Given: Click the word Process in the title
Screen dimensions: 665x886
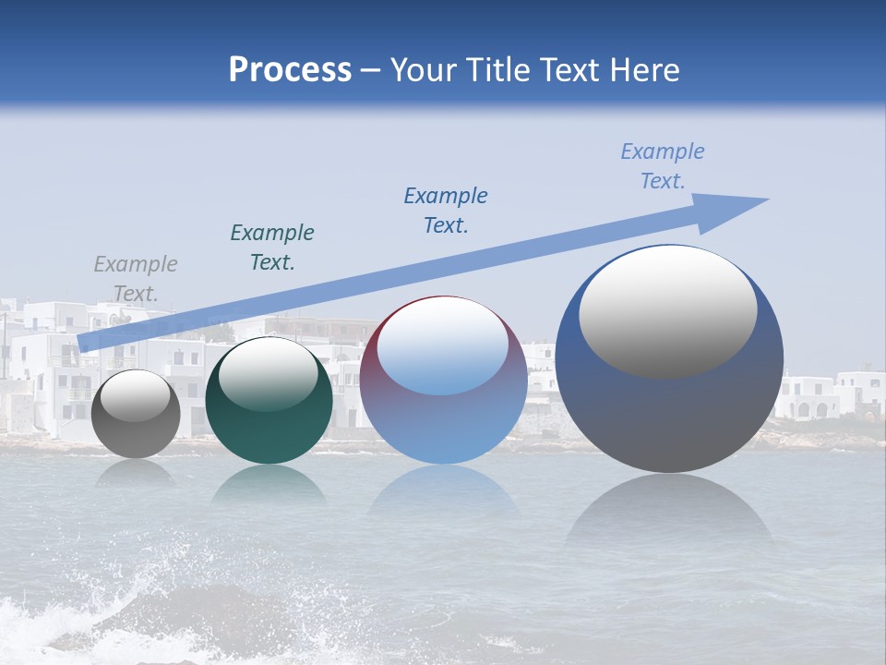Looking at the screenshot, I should (290, 69).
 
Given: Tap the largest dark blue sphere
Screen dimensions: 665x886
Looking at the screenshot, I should (669, 416).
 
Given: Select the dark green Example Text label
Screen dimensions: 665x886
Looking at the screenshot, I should (272, 248).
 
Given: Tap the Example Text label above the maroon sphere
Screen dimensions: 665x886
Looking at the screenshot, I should (446, 211).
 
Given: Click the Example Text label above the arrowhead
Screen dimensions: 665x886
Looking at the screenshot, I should (663, 166).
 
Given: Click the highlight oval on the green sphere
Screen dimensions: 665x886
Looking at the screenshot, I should (269, 374).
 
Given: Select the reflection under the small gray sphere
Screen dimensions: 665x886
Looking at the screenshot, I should (136, 473).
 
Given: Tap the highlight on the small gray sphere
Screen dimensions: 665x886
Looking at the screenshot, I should (136, 397).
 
